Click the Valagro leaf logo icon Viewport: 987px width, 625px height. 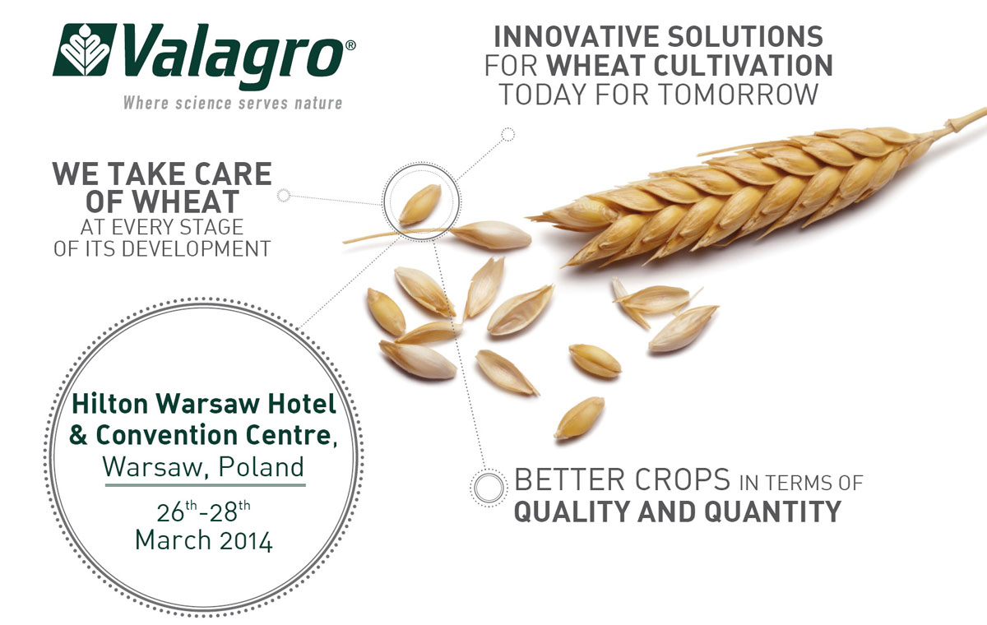coord(84,50)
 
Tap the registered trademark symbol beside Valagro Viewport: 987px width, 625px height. coord(350,45)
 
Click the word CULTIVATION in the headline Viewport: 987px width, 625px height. coord(743,66)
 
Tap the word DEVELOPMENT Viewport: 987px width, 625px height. coord(196,249)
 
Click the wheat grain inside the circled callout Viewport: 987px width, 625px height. coord(420,205)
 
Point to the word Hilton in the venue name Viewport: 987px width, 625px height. coord(109,404)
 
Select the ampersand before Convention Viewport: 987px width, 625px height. coord(78,435)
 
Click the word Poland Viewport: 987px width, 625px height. coord(262,466)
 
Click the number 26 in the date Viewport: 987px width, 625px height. coord(170,512)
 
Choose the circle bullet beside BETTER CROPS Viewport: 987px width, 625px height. coord(489,488)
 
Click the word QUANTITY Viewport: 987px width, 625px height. coord(773,512)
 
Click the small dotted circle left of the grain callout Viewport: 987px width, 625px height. coord(283,195)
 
